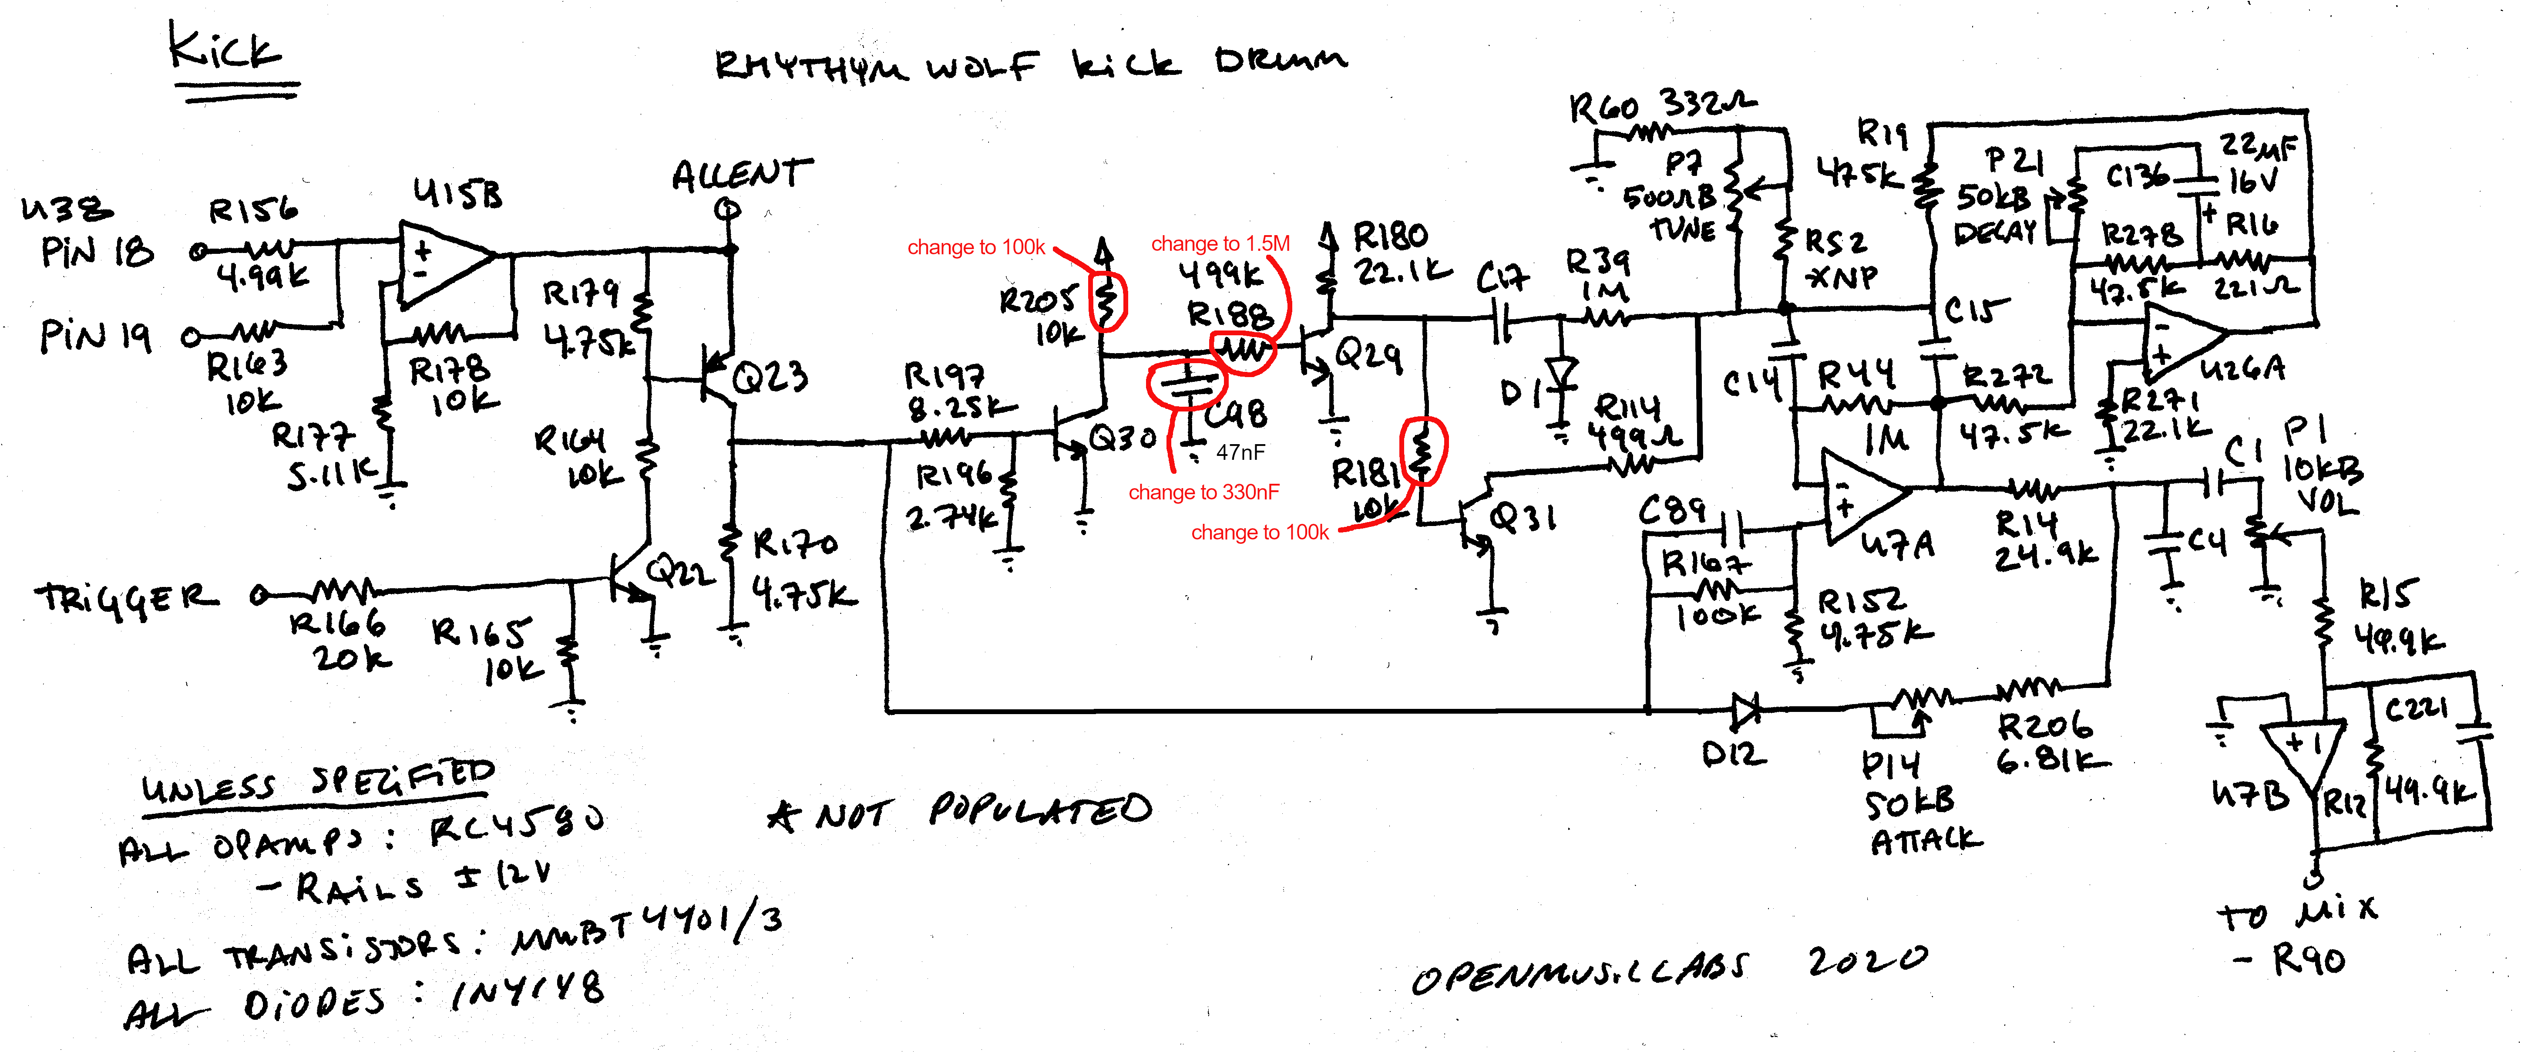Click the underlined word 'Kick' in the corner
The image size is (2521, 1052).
click(225, 49)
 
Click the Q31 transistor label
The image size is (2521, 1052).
click(1522, 517)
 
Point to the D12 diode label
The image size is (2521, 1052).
click(1733, 754)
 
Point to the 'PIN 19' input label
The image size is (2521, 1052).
click(95, 336)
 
